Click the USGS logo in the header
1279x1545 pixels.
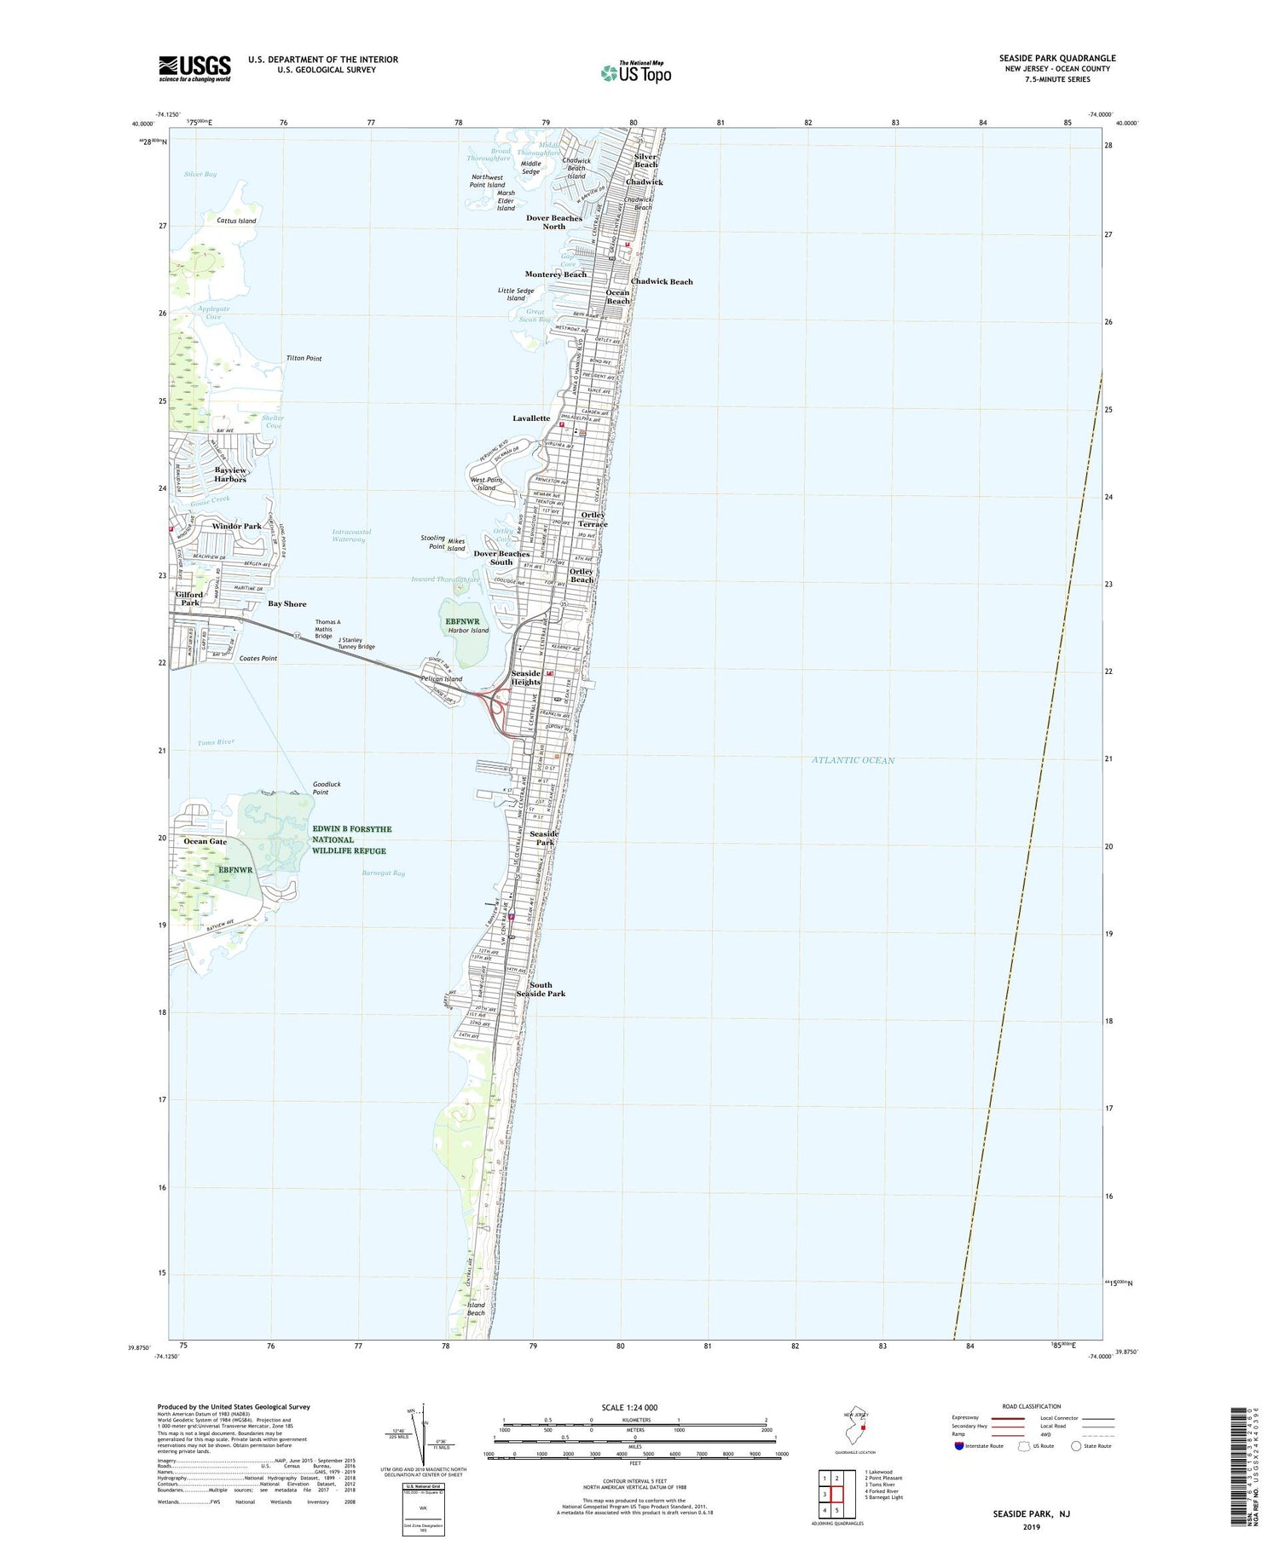(x=194, y=68)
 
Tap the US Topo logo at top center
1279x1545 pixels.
(x=636, y=73)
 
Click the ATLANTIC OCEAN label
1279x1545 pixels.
(x=853, y=760)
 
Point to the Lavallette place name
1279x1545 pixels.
(x=531, y=418)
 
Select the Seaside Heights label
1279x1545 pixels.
(x=525, y=677)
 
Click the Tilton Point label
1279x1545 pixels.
(x=304, y=359)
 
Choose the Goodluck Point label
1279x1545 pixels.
(x=321, y=788)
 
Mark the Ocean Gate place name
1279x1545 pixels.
(x=205, y=841)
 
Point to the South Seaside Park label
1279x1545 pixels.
(x=541, y=989)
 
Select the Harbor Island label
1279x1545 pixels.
(x=468, y=631)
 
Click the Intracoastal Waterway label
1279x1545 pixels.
(x=351, y=535)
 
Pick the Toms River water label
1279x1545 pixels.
(x=216, y=742)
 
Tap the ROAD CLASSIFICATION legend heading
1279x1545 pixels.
(x=1032, y=1406)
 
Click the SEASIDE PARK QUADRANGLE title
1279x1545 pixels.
(x=1056, y=58)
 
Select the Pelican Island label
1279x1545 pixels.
(x=442, y=679)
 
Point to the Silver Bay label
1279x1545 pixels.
(x=200, y=174)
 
